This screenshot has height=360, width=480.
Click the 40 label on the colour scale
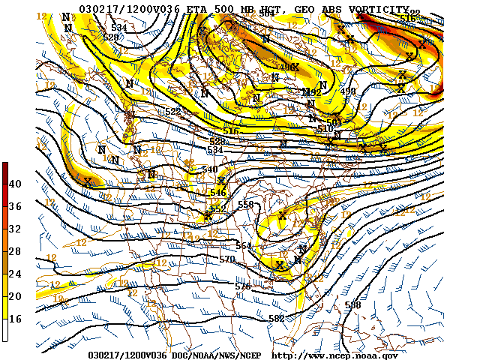[x=15, y=184]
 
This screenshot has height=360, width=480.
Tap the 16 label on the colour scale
[x=15, y=319]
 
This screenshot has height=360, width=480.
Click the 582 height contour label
[x=276, y=319]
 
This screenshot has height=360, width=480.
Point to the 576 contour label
[x=242, y=286]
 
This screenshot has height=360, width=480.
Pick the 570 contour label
[x=227, y=259]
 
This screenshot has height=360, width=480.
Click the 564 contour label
[x=244, y=246]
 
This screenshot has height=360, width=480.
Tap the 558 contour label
[x=245, y=205]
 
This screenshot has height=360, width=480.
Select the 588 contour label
[x=352, y=305]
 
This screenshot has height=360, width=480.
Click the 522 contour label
[x=173, y=112]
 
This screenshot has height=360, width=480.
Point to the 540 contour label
[x=210, y=169]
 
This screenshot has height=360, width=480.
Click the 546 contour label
[x=218, y=193]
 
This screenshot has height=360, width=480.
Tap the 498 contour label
[x=348, y=91]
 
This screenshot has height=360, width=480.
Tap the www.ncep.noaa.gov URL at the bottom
[x=334, y=355]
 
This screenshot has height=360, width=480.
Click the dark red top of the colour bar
[x=5, y=166]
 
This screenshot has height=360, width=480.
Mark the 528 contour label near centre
[x=217, y=141]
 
